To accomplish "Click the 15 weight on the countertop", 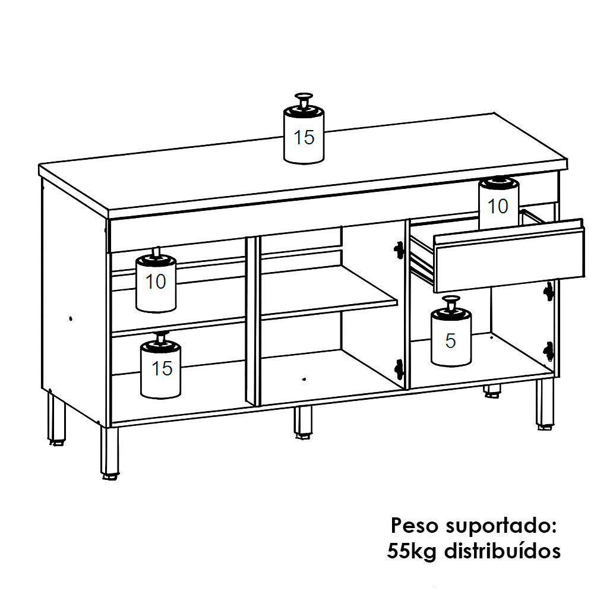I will click(304, 134).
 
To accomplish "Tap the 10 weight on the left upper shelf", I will click(156, 282).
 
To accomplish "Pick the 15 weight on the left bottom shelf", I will click(161, 368).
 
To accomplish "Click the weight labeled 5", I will click(450, 339).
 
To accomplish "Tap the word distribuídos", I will click(505, 551).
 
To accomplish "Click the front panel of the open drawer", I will click(508, 255).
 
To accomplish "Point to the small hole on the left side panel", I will click(71, 318).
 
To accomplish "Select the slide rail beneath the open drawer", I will click(423, 261).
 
